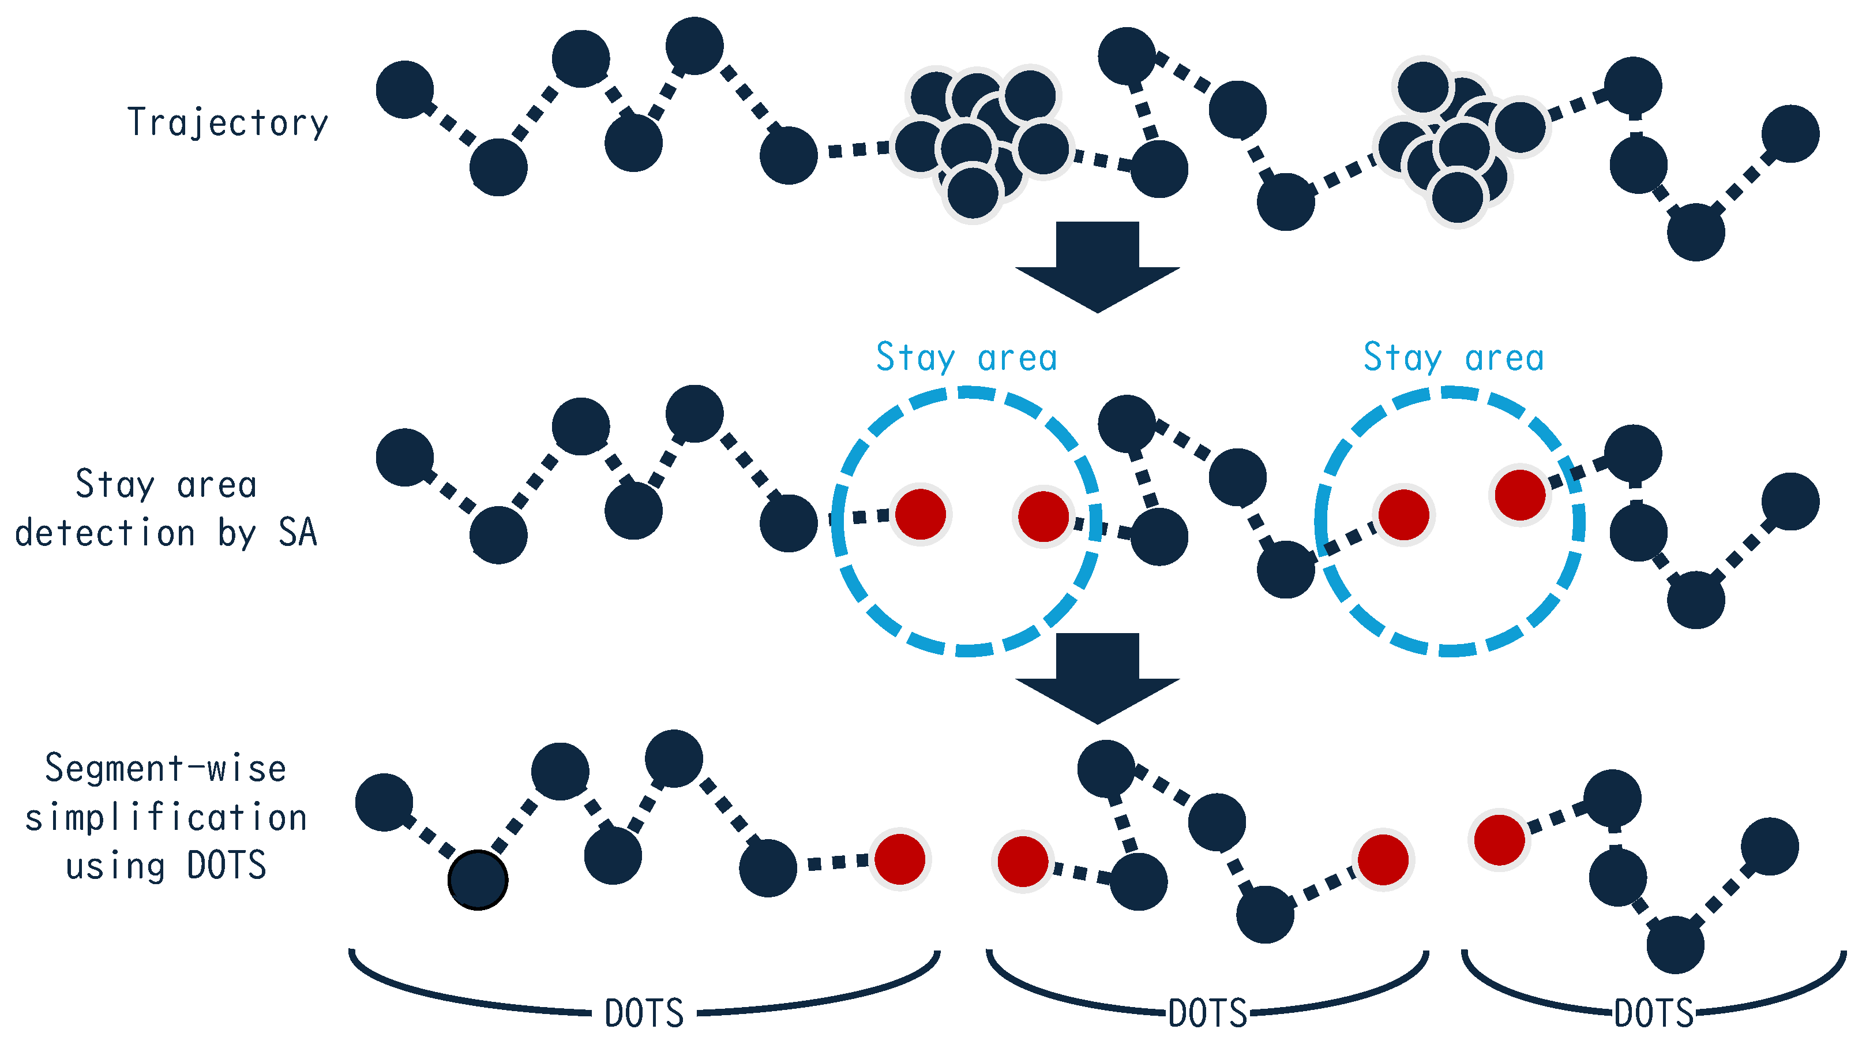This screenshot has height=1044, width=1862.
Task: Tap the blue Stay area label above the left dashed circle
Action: pos(966,358)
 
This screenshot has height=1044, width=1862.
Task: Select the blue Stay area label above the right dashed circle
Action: pos(1454,358)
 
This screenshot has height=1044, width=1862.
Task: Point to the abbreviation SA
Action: pos(298,533)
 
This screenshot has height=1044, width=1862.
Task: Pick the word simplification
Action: pos(166,818)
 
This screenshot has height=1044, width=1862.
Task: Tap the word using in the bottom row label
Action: pos(115,866)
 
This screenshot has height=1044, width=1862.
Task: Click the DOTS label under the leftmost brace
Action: pos(644,1013)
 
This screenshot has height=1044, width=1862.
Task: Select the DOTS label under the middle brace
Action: pos(1208,1013)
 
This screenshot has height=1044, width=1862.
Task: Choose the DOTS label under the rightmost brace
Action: pos(1654,1013)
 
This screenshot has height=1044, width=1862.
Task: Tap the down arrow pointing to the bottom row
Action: pos(1097,678)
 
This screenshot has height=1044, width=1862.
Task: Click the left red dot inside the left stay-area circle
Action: pos(921,515)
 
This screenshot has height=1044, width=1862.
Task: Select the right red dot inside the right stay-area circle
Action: pos(1520,495)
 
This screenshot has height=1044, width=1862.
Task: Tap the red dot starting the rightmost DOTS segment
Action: pos(1499,839)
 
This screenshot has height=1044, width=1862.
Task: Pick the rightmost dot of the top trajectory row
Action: pos(1790,134)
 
